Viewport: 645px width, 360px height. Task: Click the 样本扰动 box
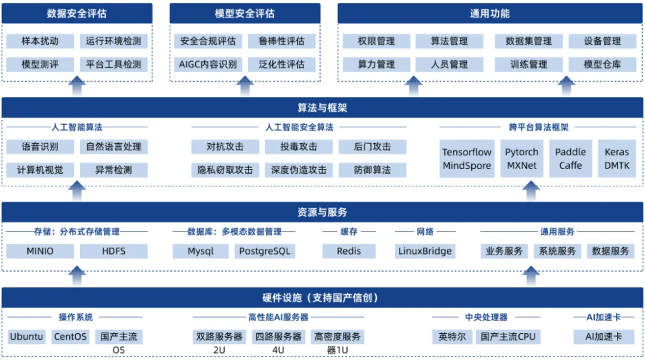(x=40, y=41)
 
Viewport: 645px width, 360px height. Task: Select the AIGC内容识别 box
(x=208, y=64)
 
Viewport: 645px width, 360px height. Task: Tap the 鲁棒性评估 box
(x=282, y=41)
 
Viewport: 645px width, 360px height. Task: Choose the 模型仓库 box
(x=602, y=64)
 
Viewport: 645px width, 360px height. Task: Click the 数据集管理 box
(x=529, y=41)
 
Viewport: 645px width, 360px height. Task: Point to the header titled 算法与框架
(x=322, y=108)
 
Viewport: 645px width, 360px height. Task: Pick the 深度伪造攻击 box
(x=299, y=170)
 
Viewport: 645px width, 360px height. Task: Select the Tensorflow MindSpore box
(x=467, y=159)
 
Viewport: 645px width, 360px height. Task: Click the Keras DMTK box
(x=616, y=159)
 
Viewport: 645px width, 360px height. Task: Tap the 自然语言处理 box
(x=113, y=147)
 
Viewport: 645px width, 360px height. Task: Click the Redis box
(x=349, y=251)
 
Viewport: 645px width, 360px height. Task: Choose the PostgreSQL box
(x=265, y=251)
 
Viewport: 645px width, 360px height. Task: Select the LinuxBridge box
(x=425, y=251)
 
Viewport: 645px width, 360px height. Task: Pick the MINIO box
(x=40, y=251)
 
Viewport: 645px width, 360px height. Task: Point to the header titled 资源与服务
(x=322, y=213)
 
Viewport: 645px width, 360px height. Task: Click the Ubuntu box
(x=26, y=337)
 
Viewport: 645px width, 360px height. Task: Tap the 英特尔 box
(x=451, y=337)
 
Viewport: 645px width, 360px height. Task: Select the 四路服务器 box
(x=278, y=337)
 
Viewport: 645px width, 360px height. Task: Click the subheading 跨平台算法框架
(x=539, y=128)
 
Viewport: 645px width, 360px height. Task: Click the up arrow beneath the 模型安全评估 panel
(x=245, y=86)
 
